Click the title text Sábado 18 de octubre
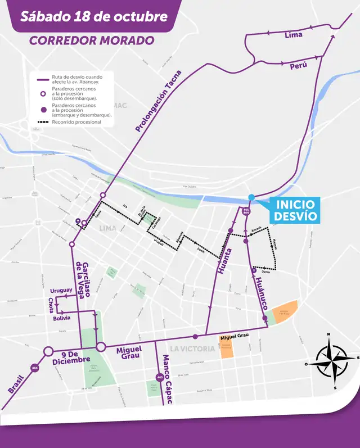(93, 16)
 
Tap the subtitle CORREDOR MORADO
(91, 41)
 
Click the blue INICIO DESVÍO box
(295, 210)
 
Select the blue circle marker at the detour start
(251, 197)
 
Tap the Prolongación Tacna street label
(159, 101)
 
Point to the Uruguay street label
(61, 290)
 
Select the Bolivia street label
(62, 318)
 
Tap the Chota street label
(51, 305)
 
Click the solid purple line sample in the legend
(42, 80)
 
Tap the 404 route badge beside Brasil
(35, 368)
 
